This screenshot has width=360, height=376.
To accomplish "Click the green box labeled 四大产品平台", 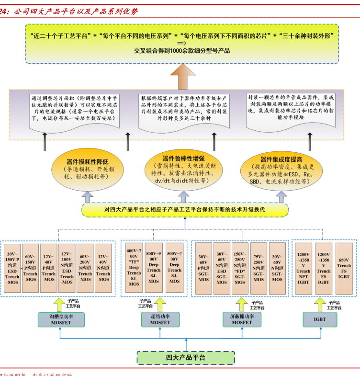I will click(x=186, y=357).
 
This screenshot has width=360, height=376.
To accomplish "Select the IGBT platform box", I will click(x=319, y=319).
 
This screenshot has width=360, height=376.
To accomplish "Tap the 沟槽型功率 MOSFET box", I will click(x=61, y=319).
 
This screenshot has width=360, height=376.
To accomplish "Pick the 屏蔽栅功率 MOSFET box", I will click(x=242, y=319).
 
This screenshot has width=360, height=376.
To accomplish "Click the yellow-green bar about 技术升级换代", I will click(x=184, y=210).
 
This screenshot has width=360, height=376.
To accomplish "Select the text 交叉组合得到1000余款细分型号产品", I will click(x=182, y=50).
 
